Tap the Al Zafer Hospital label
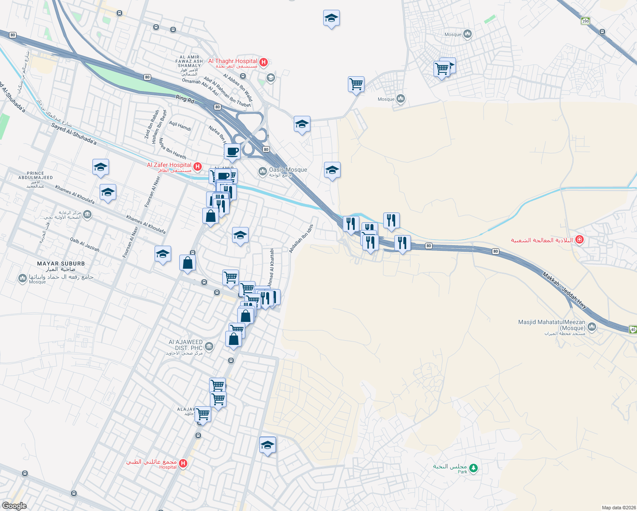169,165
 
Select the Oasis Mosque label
288,170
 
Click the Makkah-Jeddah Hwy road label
564,290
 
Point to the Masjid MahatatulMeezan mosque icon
591,327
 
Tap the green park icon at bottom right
473,468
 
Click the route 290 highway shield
586,21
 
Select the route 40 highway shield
633,329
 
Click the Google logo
14,506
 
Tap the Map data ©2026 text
618,508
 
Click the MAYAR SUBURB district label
61,264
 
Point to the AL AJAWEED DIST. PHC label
186,345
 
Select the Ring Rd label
185,99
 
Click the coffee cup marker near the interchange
232,152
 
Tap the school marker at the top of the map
331,18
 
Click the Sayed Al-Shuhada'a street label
74,134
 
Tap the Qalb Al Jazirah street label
85,245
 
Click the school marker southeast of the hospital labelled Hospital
267,445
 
